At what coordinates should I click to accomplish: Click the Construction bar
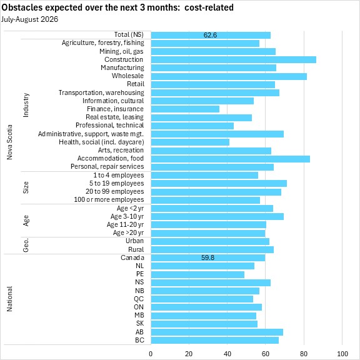[x=234, y=60]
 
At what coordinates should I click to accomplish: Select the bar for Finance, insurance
[x=185, y=109]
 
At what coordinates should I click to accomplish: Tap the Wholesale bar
[x=229, y=76]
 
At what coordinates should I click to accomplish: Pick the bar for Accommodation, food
[x=231, y=159]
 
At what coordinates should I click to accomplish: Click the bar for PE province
[x=197, y=274]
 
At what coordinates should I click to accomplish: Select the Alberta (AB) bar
[x=217, y=332]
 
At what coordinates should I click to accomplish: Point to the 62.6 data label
[x=210, y=35]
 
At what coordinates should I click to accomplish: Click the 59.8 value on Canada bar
[x=207, y=257]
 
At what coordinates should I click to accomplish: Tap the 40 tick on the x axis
[x=227, y=354]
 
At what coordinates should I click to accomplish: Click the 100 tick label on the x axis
[x=342, y=354]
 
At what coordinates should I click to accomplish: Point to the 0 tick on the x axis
[x=151, y=354]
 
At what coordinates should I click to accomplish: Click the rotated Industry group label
[x=26, y=105]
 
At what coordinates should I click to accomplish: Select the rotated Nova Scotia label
[x=9, y=142]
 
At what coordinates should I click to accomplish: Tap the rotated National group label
[x=9, y=299]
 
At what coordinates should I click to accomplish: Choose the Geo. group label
[x=26, y=245]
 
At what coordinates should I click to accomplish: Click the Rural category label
[x=136, y=249]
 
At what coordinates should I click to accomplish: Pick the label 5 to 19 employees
[x=117, y=184]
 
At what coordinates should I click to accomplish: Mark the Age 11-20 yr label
[x=126, y=224]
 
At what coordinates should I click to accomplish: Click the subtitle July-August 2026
[x=29, y=19]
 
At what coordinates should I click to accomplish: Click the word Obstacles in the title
[x=22, y=7]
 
